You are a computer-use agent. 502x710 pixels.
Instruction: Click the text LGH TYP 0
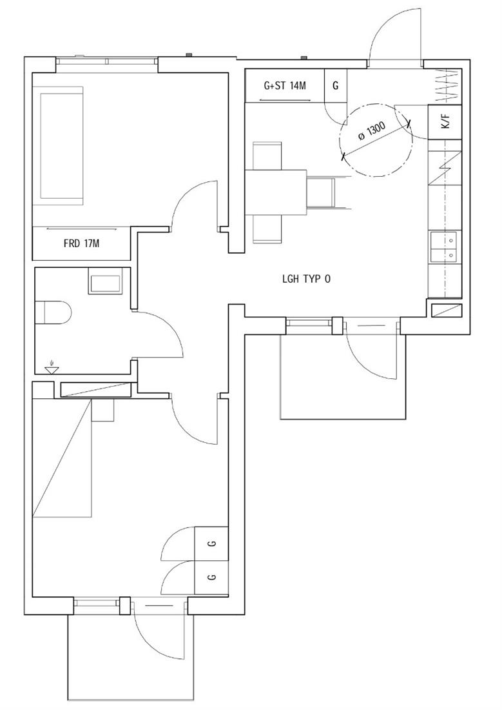point(306,279)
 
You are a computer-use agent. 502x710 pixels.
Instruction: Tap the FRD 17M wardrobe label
point(81,243)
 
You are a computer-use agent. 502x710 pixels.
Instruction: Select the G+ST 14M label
point(285,85)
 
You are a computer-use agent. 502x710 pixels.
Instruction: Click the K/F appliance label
point(445,121)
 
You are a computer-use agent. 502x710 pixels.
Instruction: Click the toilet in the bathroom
point(53,312)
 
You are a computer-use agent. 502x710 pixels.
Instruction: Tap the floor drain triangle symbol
point(52,370)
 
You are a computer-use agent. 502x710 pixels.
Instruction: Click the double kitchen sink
point(445,248)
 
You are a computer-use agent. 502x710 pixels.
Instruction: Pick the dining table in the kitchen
point(276,192)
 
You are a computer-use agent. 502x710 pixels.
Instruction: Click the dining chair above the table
point(267,156)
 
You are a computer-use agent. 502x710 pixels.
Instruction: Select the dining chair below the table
point(267,229)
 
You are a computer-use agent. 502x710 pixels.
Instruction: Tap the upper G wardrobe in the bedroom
point(211,543)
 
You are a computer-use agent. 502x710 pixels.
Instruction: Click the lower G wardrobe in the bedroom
point(211,577)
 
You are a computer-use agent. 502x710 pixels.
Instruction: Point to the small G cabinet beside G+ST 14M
point(336,85)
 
